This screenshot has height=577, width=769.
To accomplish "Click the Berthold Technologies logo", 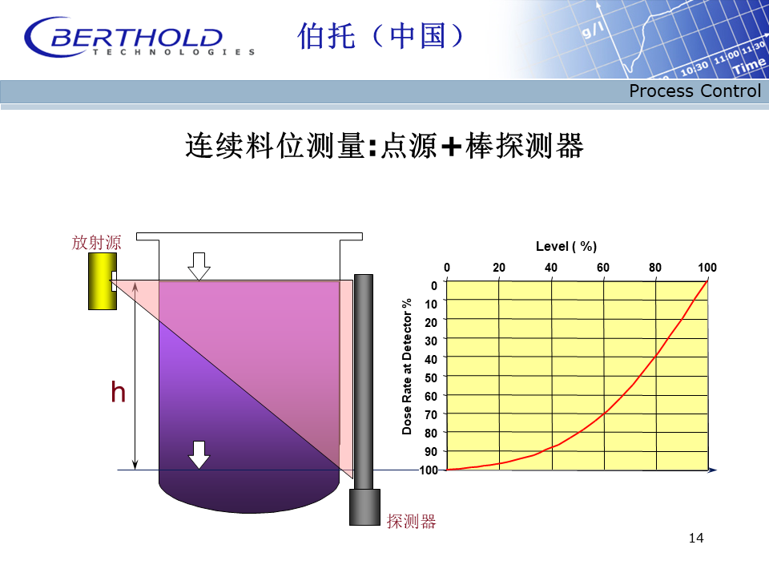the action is pos(139,38).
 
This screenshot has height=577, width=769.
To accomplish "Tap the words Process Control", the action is pos(695,91).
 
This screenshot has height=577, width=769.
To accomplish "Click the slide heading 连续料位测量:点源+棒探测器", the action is pos(384,146).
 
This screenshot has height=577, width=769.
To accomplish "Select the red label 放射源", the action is pos(96,242).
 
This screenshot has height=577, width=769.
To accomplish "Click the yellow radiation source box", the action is pos(103,281).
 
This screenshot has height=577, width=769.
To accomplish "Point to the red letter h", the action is pos(119,392).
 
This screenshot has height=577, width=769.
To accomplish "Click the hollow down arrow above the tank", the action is pos(199,266).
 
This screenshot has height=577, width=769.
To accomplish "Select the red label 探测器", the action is pos(411,521).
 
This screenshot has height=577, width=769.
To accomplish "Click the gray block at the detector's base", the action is pos(364,507).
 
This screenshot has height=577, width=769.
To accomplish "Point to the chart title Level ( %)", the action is pos(566,246).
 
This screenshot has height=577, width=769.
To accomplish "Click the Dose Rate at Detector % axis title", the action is pos(407,366).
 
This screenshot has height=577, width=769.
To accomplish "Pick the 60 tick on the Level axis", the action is pos(602,268).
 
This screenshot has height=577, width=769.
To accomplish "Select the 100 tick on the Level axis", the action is pos(707,268).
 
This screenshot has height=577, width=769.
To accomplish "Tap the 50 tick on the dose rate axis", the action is pos(431,377).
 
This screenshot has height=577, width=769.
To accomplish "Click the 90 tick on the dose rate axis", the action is pos(431,451).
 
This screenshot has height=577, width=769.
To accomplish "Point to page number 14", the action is pos(696,539).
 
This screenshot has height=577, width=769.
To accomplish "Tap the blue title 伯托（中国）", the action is pos(380,36).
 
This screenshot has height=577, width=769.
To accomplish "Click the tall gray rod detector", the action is pos(364,381).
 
